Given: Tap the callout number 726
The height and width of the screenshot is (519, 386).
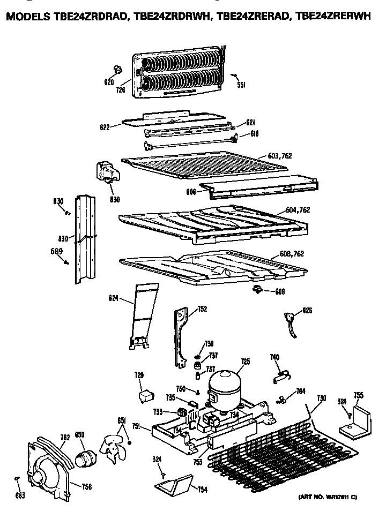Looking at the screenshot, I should click(121, 90).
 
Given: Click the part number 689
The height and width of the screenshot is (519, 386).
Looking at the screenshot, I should click(57, 252).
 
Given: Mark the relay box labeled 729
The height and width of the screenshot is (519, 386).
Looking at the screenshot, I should click(144, 397).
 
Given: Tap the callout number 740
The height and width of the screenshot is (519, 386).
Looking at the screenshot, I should click(274, 358).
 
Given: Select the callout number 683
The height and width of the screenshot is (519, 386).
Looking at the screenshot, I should click(20, 495).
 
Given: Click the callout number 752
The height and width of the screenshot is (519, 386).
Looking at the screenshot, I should click(202, 309).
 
